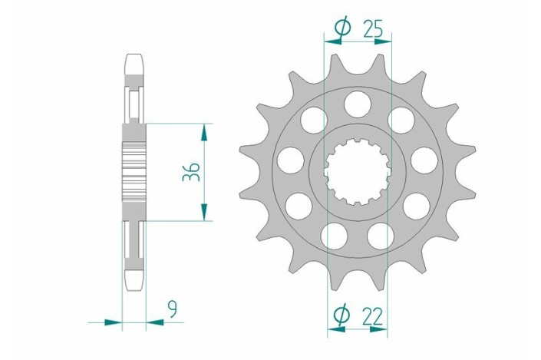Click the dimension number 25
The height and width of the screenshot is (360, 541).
(373, 28)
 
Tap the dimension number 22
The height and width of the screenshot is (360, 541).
(373, 315)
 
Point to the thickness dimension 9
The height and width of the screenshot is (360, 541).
(172, 309)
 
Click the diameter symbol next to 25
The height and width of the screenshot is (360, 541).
(342, 28)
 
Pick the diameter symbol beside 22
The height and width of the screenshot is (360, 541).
(341, 315)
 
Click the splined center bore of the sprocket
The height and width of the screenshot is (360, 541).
(358, 171)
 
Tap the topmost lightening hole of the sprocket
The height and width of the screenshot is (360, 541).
(358, 103)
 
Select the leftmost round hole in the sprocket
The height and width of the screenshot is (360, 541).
(291, 160)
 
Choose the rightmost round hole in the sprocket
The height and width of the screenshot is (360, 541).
(424, 160)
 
